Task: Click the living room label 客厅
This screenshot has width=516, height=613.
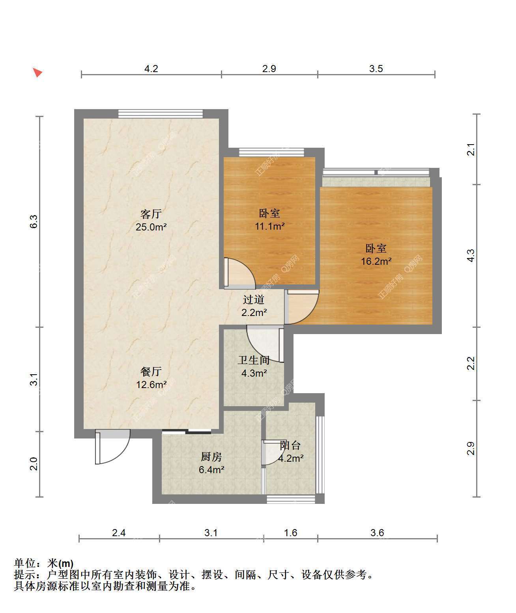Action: click(151, 214)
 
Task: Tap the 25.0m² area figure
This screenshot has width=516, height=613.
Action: click(151, 227)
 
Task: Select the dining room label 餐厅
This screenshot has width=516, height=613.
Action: click(151, 372)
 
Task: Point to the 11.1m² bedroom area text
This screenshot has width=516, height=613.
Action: click(269, 226)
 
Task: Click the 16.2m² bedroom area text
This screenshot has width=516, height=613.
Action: click(376, 261)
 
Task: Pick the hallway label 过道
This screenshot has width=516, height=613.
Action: click(254, 299)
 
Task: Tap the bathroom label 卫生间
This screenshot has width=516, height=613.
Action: click(254, 360)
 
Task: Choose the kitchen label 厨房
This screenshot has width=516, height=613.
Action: click(211, 457)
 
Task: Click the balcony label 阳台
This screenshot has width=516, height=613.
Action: click(290, 445)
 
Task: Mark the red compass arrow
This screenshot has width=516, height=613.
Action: click(37, 72)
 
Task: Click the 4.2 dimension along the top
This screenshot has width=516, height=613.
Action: click(151, 69)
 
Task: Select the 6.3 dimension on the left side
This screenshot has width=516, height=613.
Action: click(34, 221)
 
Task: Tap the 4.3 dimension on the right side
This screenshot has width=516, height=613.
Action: click(471, 255)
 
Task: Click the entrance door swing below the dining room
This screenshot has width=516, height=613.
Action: click(113, 447)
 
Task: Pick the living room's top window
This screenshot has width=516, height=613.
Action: click(161, 113)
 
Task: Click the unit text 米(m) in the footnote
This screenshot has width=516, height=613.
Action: click(60, 563)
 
